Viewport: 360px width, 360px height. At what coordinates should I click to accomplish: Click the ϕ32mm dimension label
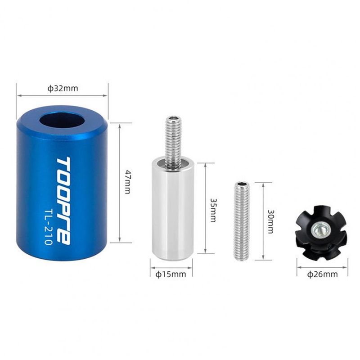pos(63,88)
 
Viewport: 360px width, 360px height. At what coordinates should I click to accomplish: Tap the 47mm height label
pos(128,182)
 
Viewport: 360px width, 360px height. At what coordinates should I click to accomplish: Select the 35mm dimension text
pos(213,210)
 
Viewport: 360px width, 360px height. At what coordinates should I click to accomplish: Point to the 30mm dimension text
pos(271,221)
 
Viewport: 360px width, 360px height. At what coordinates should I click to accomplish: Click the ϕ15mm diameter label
pos(171,274)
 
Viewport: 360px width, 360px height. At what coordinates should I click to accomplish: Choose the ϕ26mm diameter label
pos(322,274)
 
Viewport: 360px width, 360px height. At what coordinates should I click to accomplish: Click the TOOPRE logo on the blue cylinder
pos(63,201)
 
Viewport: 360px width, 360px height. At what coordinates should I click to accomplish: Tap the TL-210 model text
pos(49,227)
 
